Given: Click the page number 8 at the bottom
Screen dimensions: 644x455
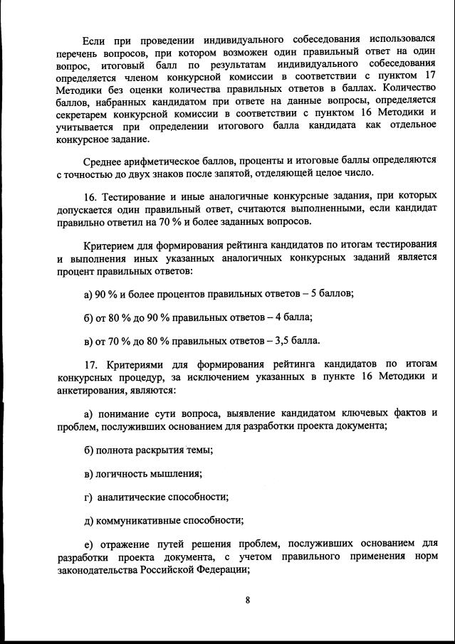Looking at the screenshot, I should pyautogui.click(x=247, y=600).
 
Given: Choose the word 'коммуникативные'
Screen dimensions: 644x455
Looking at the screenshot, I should pyautogui.click(x=136, y=520).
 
